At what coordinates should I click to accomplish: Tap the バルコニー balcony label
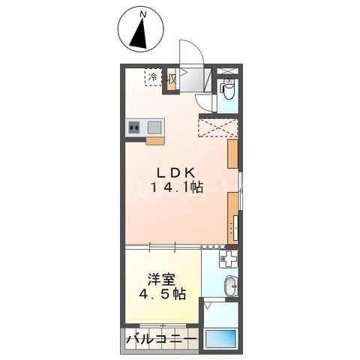[160, 339]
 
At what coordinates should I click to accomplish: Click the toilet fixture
[229, 90]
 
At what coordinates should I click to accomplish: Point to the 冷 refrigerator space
[153, 77]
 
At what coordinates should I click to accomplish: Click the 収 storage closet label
[172, 77]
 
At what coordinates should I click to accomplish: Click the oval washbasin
[231, 286]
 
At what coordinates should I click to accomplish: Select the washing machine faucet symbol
[229, 260]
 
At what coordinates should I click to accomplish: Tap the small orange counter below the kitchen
[155, 140]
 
